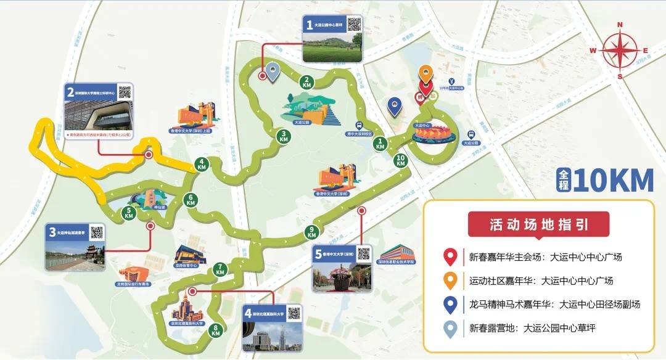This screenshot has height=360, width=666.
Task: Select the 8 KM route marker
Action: [x=216, y=330]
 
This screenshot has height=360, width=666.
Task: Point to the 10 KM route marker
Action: [x=401, y=161]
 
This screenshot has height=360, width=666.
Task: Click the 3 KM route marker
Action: [x=284, y=137]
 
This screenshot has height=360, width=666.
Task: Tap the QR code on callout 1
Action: [x=353, y=25]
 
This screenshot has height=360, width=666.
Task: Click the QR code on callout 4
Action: [x=294, y=313]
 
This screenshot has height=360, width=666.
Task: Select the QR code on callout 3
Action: [x=97, y=233]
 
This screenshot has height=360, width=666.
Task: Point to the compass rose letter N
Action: [x=620, y=25]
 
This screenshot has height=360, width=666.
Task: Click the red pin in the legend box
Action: [x=451, y=256]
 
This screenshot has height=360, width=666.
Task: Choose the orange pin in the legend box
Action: [x=451, y=280]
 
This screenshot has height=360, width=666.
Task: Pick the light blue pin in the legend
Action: [x=451, y=328]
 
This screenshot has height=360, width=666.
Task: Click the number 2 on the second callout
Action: [x=71, y=94]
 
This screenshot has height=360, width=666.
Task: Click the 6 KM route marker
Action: [x=191, y=199]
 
